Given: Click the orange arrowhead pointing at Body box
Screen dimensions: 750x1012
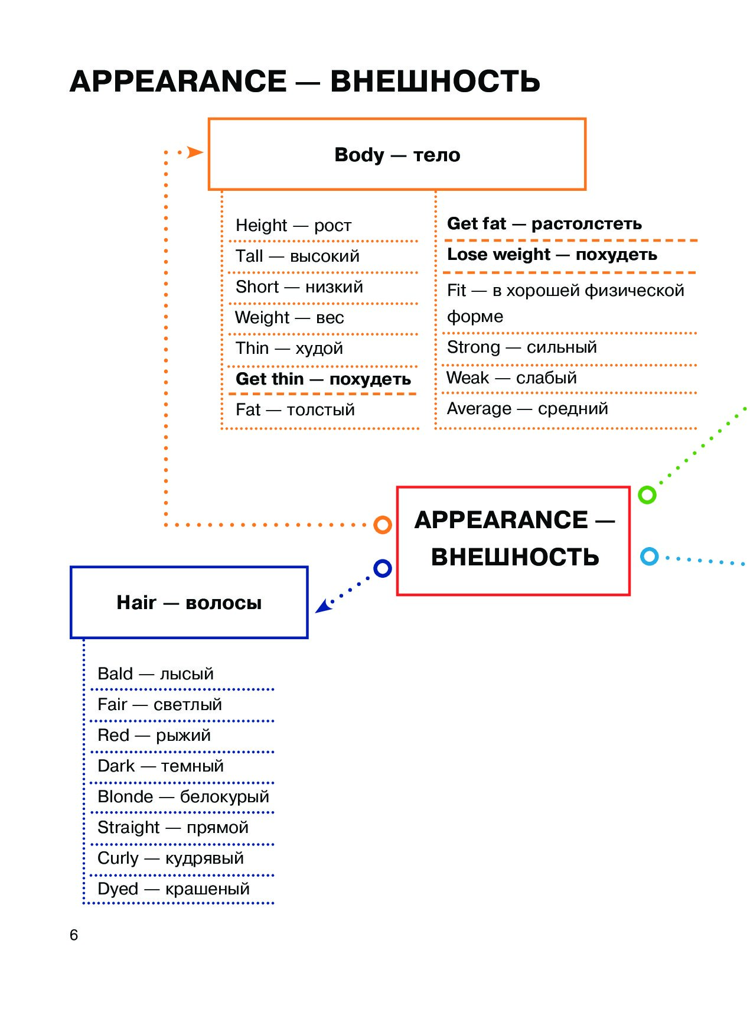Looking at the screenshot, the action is pos(194,152).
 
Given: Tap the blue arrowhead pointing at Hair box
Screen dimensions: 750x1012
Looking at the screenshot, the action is pos(322,606).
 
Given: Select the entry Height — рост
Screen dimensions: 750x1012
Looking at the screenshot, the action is pos(294,225).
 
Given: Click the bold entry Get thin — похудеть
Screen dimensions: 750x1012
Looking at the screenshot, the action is pos(323,379).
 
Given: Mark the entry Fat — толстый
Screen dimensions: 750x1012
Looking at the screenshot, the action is pos(295,409).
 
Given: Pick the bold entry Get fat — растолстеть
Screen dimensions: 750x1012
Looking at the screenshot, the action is pos(544,223).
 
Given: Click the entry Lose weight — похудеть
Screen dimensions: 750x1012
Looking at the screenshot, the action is pos(552,254).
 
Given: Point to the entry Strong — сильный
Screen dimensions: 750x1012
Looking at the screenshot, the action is pos(522,347).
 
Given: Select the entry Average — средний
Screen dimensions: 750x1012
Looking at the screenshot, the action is pos(527,408).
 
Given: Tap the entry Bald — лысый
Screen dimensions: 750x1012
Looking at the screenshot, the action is pos(155,673).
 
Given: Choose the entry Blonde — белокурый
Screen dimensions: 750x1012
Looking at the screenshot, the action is pos(183,796).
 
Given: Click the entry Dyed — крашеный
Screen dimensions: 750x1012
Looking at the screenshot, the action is pos(174,889).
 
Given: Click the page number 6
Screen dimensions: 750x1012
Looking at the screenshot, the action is pos(74,935).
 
